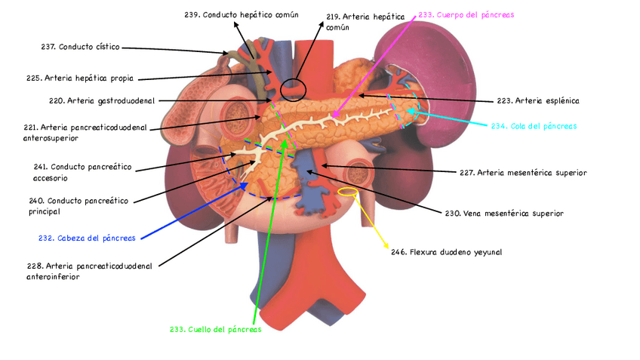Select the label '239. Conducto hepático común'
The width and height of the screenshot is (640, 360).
[241, 14]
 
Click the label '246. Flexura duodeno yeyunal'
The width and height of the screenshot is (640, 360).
[446, 252]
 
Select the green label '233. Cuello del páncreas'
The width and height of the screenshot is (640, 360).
[215, 330]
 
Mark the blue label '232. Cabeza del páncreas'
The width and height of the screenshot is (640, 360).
[87, 238]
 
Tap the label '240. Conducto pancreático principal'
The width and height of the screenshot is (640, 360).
[78, 206]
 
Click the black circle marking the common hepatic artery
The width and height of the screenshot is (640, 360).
[293, 91]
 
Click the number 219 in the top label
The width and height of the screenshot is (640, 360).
[334, 16]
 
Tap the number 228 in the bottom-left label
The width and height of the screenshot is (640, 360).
[33, 266]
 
